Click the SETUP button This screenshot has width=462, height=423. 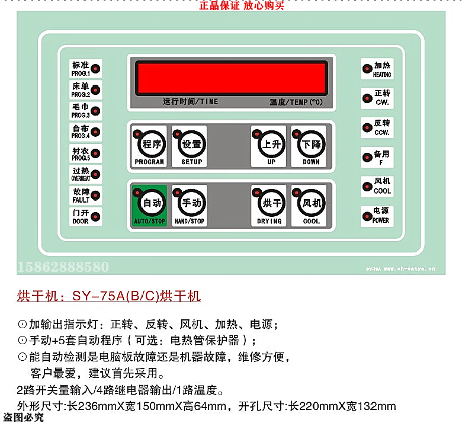point(190,146)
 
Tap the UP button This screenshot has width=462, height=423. point(268,146)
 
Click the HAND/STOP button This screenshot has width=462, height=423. point(190,206)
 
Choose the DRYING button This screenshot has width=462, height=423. point(268,206)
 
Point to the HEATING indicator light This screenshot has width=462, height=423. point(367,69)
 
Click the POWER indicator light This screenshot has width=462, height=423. point(367,216)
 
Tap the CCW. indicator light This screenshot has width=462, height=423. point(367,127)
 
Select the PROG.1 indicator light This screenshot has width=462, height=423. point(95,69)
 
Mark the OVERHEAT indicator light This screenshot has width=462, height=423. point(95,174)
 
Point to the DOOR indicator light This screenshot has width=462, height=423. point(95,216)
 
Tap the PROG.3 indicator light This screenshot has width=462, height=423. point(95,111)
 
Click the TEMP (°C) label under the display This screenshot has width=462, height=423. point(296,102)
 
